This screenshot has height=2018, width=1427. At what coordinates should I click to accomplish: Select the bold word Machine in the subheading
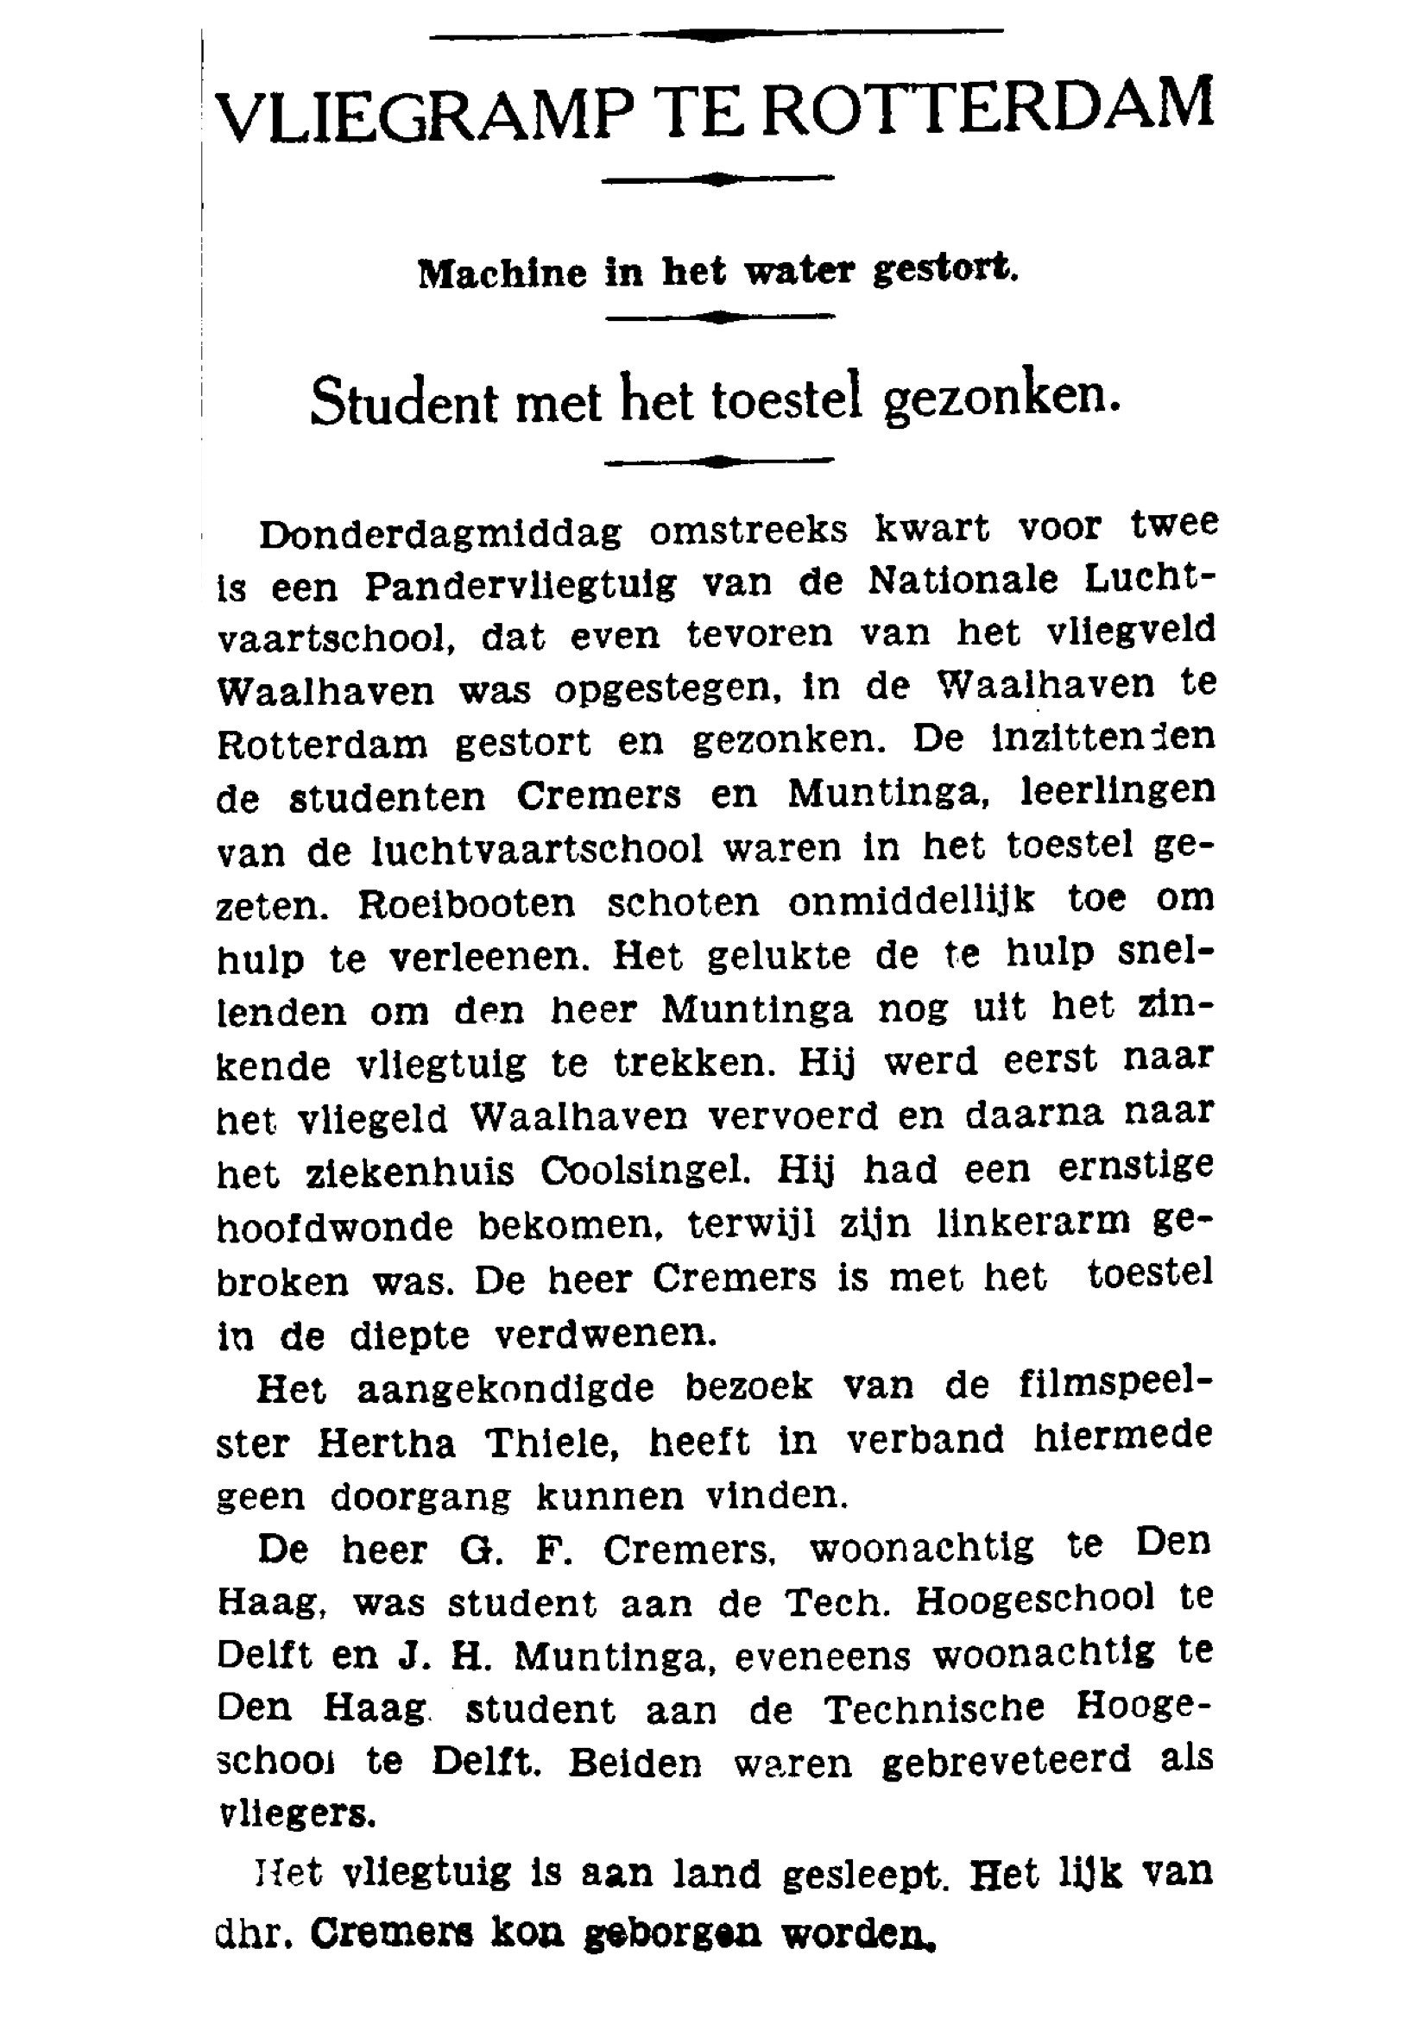coord(502,273)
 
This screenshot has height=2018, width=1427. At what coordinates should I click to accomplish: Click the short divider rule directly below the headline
coord(717,179)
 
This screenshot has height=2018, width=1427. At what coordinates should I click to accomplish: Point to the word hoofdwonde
coord(335,1227)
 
